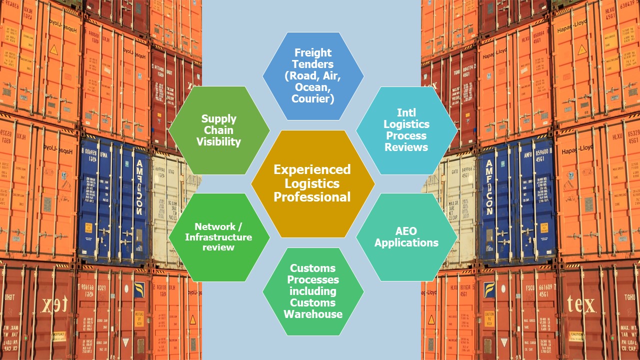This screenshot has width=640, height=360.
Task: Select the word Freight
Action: pos(313,52)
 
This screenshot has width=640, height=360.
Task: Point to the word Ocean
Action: pos(313,87)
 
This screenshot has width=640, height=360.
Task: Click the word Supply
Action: pos(218,119)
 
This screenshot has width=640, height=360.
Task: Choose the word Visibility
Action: pos(218,142)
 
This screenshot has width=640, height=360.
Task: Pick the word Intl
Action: pos(406,112)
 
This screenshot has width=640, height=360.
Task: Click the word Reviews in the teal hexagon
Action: pos(406,147)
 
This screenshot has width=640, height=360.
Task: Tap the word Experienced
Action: pos(312,169)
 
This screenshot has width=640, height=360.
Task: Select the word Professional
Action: pos(312,197)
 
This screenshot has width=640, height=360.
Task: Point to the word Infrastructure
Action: pos(218,237)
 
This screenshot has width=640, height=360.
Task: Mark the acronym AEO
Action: pos(406,231)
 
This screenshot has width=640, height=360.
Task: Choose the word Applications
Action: pos(406,243)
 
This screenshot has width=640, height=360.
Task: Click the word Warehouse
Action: pos(313,314)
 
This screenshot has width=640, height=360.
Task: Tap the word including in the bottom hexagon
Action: pos(313,291)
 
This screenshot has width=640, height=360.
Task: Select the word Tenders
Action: pos(313,64)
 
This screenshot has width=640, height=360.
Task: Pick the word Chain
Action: pos(218,130)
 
